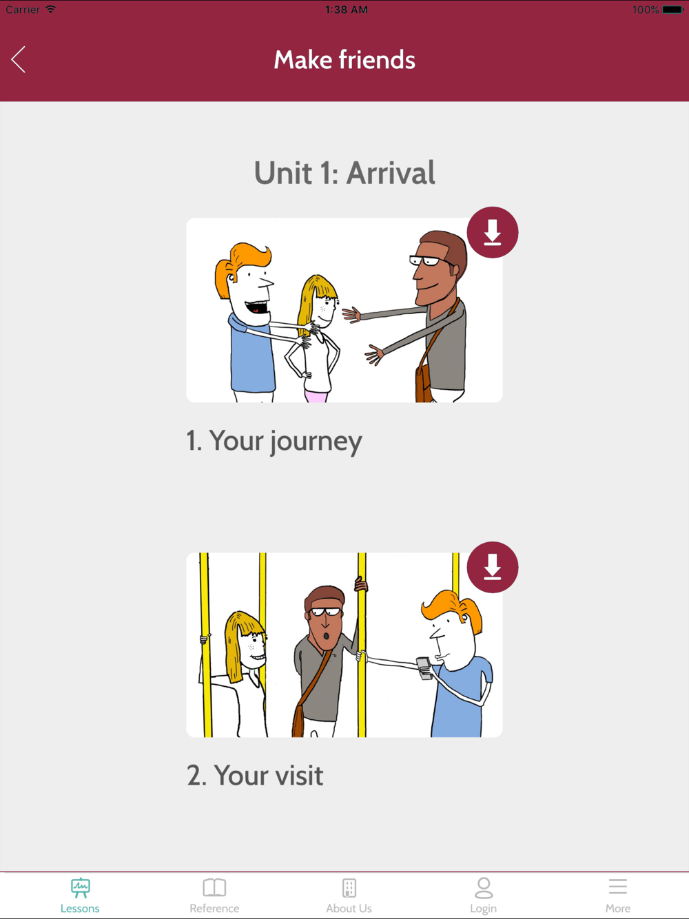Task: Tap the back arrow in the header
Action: tap(19, 59)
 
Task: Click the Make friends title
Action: tap(344, 59)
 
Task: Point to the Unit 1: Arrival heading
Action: tap(344, 172)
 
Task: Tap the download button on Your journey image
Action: tap(492, 232)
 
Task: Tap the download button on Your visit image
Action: tap(492, 567)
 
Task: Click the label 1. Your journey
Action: tap(274, 442)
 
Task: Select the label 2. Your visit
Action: tap(255, 775)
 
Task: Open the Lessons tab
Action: tap(80, 896)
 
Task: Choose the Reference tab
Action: tap(214, 896)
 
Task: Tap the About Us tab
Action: tap(349, 896)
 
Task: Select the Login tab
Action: tap(484, 896)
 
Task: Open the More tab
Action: tap(618, 896)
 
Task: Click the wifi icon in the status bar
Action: tap(51, 9)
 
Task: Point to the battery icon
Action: tap(672, 10)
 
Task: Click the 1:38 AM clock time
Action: tap(346, 10)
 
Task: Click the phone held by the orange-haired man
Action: tap(424, 668)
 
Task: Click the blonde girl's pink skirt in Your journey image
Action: tap(316, 396)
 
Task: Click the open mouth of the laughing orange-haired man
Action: tap(256, 309)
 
